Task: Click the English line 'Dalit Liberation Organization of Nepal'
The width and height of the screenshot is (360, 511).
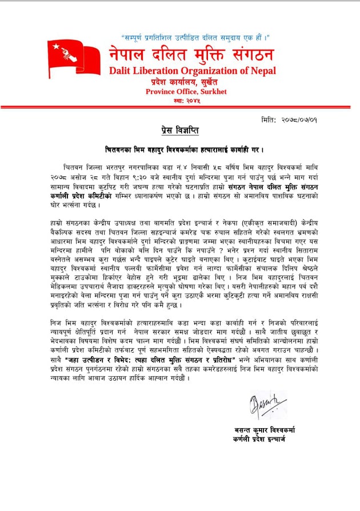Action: [192, 71]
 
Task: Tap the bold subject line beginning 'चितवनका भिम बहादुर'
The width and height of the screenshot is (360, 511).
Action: [183, 150]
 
